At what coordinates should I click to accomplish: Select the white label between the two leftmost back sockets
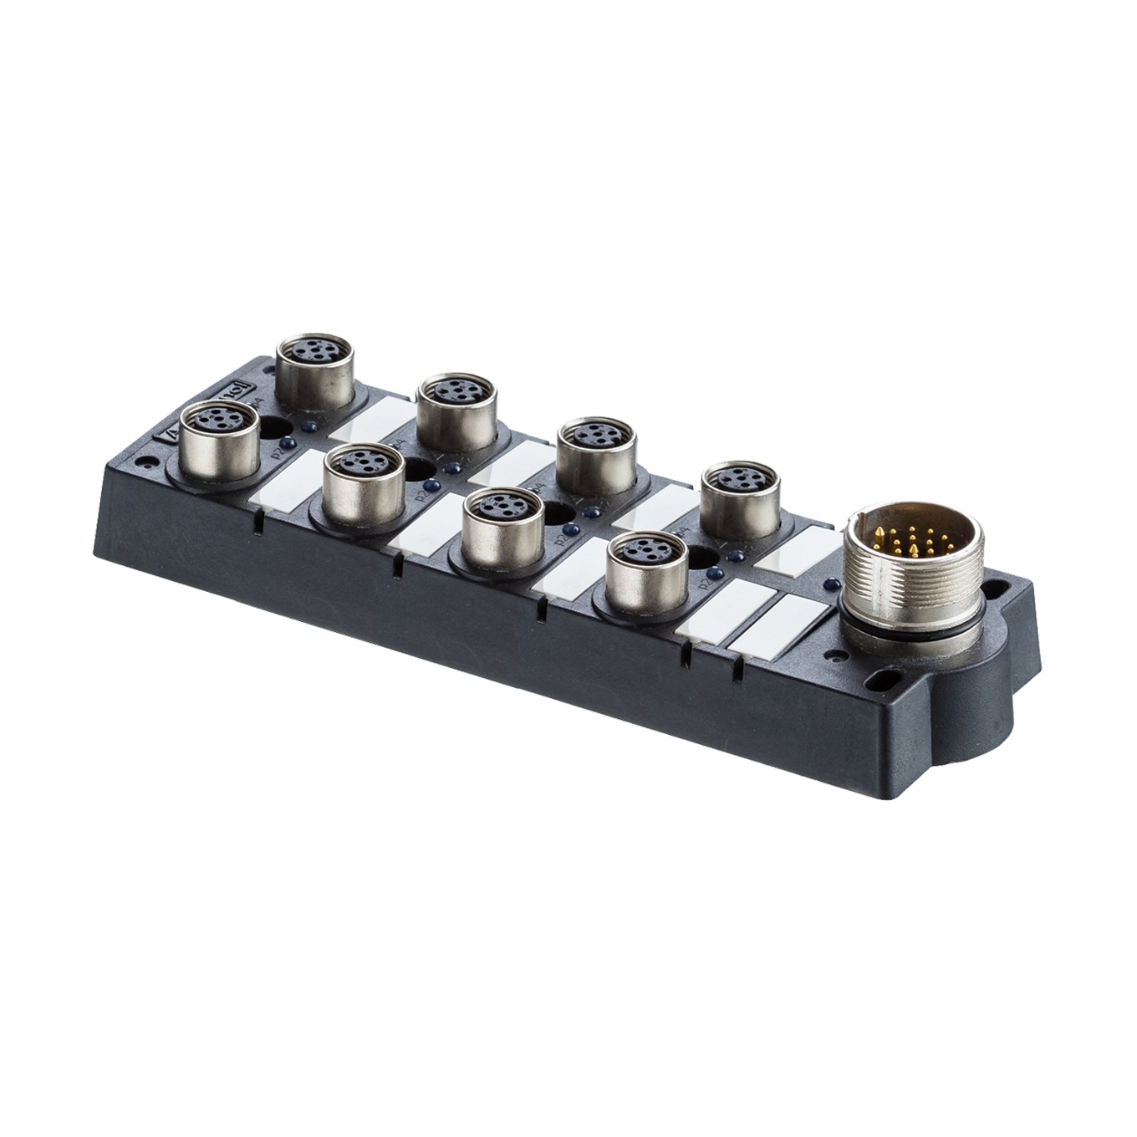tap(372, 419)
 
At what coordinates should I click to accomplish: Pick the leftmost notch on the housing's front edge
tap(257, 523)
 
